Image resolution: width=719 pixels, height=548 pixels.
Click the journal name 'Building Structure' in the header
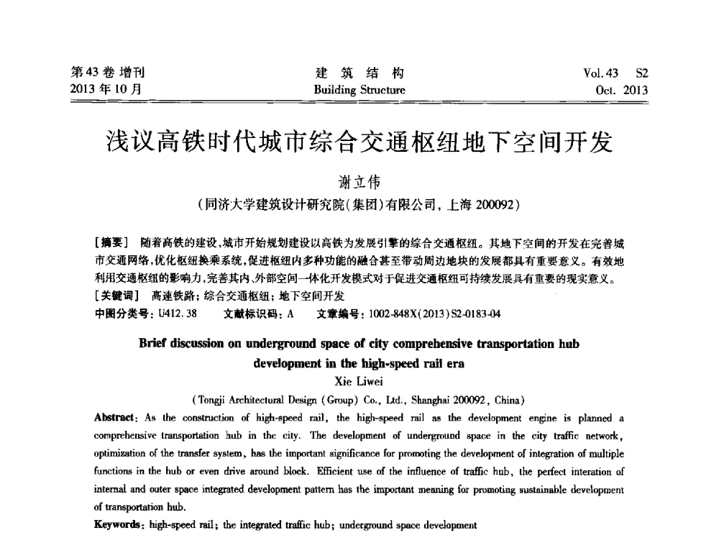point(359,91)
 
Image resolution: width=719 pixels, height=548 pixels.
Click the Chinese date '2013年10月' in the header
point(104,91)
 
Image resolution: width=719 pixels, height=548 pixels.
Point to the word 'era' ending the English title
point(450,363)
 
